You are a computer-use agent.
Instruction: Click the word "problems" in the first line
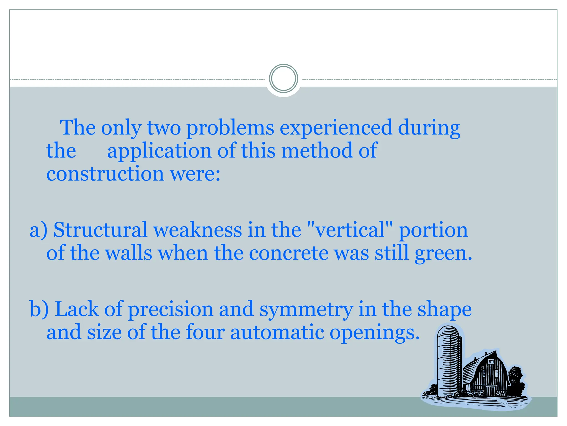(x=230, y=128)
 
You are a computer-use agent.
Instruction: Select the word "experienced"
(x=336, y=128)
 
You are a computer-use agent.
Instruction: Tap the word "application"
(x=159, y=151)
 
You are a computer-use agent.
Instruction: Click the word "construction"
(x=105, y=174)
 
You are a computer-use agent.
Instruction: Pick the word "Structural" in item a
(x=100, y=230)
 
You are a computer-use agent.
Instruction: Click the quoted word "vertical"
(x=350, y=230)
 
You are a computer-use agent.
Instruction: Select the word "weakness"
(x=198, y=230)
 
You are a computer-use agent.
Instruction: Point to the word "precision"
(x=170, y=310)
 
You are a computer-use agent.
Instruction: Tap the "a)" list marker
(x=38, y=230)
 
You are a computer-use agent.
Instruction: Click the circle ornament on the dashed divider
(x=283, y=78)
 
